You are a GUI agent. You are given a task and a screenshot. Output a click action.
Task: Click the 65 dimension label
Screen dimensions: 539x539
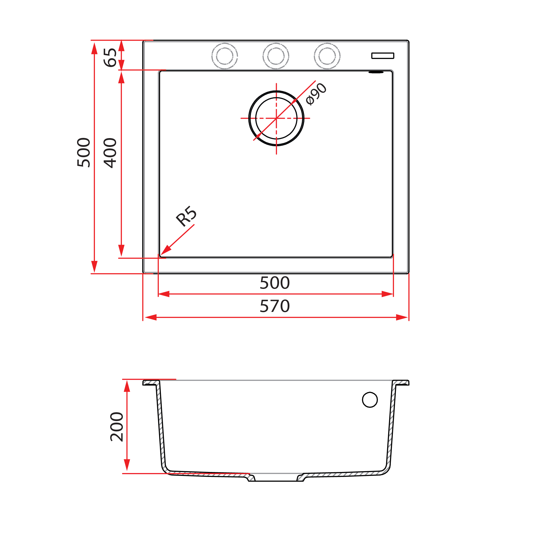tap(110, 57)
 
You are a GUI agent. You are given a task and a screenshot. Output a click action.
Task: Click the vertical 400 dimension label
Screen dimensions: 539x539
tap(110, 153)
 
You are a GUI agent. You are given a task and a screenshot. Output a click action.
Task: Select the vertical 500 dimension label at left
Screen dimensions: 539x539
tap(84, 153)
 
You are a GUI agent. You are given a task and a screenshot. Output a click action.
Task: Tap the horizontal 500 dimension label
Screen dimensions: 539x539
tap(274, 283)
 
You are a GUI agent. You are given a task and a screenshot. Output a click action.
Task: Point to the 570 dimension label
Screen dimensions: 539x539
tap(274, 306)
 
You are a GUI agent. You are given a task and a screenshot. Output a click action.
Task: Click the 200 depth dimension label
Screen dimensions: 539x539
tap(116, 426)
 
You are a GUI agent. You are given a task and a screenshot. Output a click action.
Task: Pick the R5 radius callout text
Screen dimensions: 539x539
tap(186, 216)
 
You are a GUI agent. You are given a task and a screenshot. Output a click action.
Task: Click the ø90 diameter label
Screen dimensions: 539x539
tap(316, 94)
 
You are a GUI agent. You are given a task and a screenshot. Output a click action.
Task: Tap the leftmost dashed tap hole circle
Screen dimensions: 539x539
tap(224, 56)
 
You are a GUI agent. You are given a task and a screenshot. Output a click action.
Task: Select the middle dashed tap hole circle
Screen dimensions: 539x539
tap(276, 56)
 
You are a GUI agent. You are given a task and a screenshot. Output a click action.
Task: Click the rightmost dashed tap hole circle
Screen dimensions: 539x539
tap(327, 56)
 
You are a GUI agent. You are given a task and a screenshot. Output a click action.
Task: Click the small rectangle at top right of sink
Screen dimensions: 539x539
tap(383, 56)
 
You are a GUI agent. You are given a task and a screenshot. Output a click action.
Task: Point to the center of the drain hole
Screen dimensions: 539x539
tap(276, 118)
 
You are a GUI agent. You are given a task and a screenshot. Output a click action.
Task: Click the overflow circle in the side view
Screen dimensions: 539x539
tap(370, 400)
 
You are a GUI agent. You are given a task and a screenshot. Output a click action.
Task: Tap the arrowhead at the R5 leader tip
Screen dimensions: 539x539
tap(165, 251)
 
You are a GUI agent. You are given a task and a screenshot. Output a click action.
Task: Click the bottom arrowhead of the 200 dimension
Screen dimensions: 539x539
tap(127, 465)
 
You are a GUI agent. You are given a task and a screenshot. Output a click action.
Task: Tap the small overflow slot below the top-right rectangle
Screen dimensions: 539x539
tap(376, 72)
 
